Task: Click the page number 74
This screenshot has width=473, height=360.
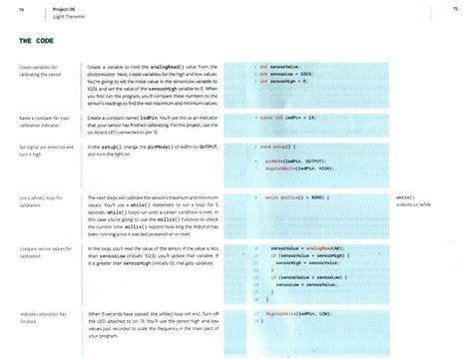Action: coord(23,11)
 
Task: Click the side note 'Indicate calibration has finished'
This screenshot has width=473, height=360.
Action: coord(41,317)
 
